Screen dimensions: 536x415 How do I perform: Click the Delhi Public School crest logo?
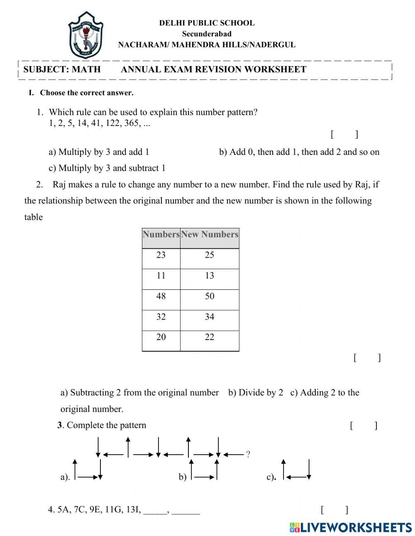tap(85, 36)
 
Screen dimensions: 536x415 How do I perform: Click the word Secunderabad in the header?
tap(207, 34)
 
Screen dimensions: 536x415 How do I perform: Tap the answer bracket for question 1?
tap(344, 134)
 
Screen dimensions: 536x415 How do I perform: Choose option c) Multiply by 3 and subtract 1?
tap(107, 168)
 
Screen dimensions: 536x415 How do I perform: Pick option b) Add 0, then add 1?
tap(299, 152)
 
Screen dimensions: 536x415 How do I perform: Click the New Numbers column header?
tap(210, 234)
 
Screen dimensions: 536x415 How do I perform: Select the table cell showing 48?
tap(161, 296)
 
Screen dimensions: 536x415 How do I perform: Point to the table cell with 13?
tap(210, 276)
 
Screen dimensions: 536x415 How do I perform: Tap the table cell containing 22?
tap(210, 337)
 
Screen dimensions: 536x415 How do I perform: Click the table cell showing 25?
tap(210, 255)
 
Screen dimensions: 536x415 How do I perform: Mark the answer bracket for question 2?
tap(367, 357)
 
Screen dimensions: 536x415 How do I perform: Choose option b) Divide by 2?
tap(256, 392)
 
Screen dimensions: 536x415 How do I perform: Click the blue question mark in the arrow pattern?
tap(248, 454)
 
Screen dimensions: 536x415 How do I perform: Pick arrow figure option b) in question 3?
tap(204, 470)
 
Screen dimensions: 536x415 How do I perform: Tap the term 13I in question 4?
tap(133, 509)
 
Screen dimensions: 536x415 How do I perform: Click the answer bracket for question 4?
tap(334, 509)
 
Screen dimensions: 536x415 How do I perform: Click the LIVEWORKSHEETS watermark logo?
tap(351, 527)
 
